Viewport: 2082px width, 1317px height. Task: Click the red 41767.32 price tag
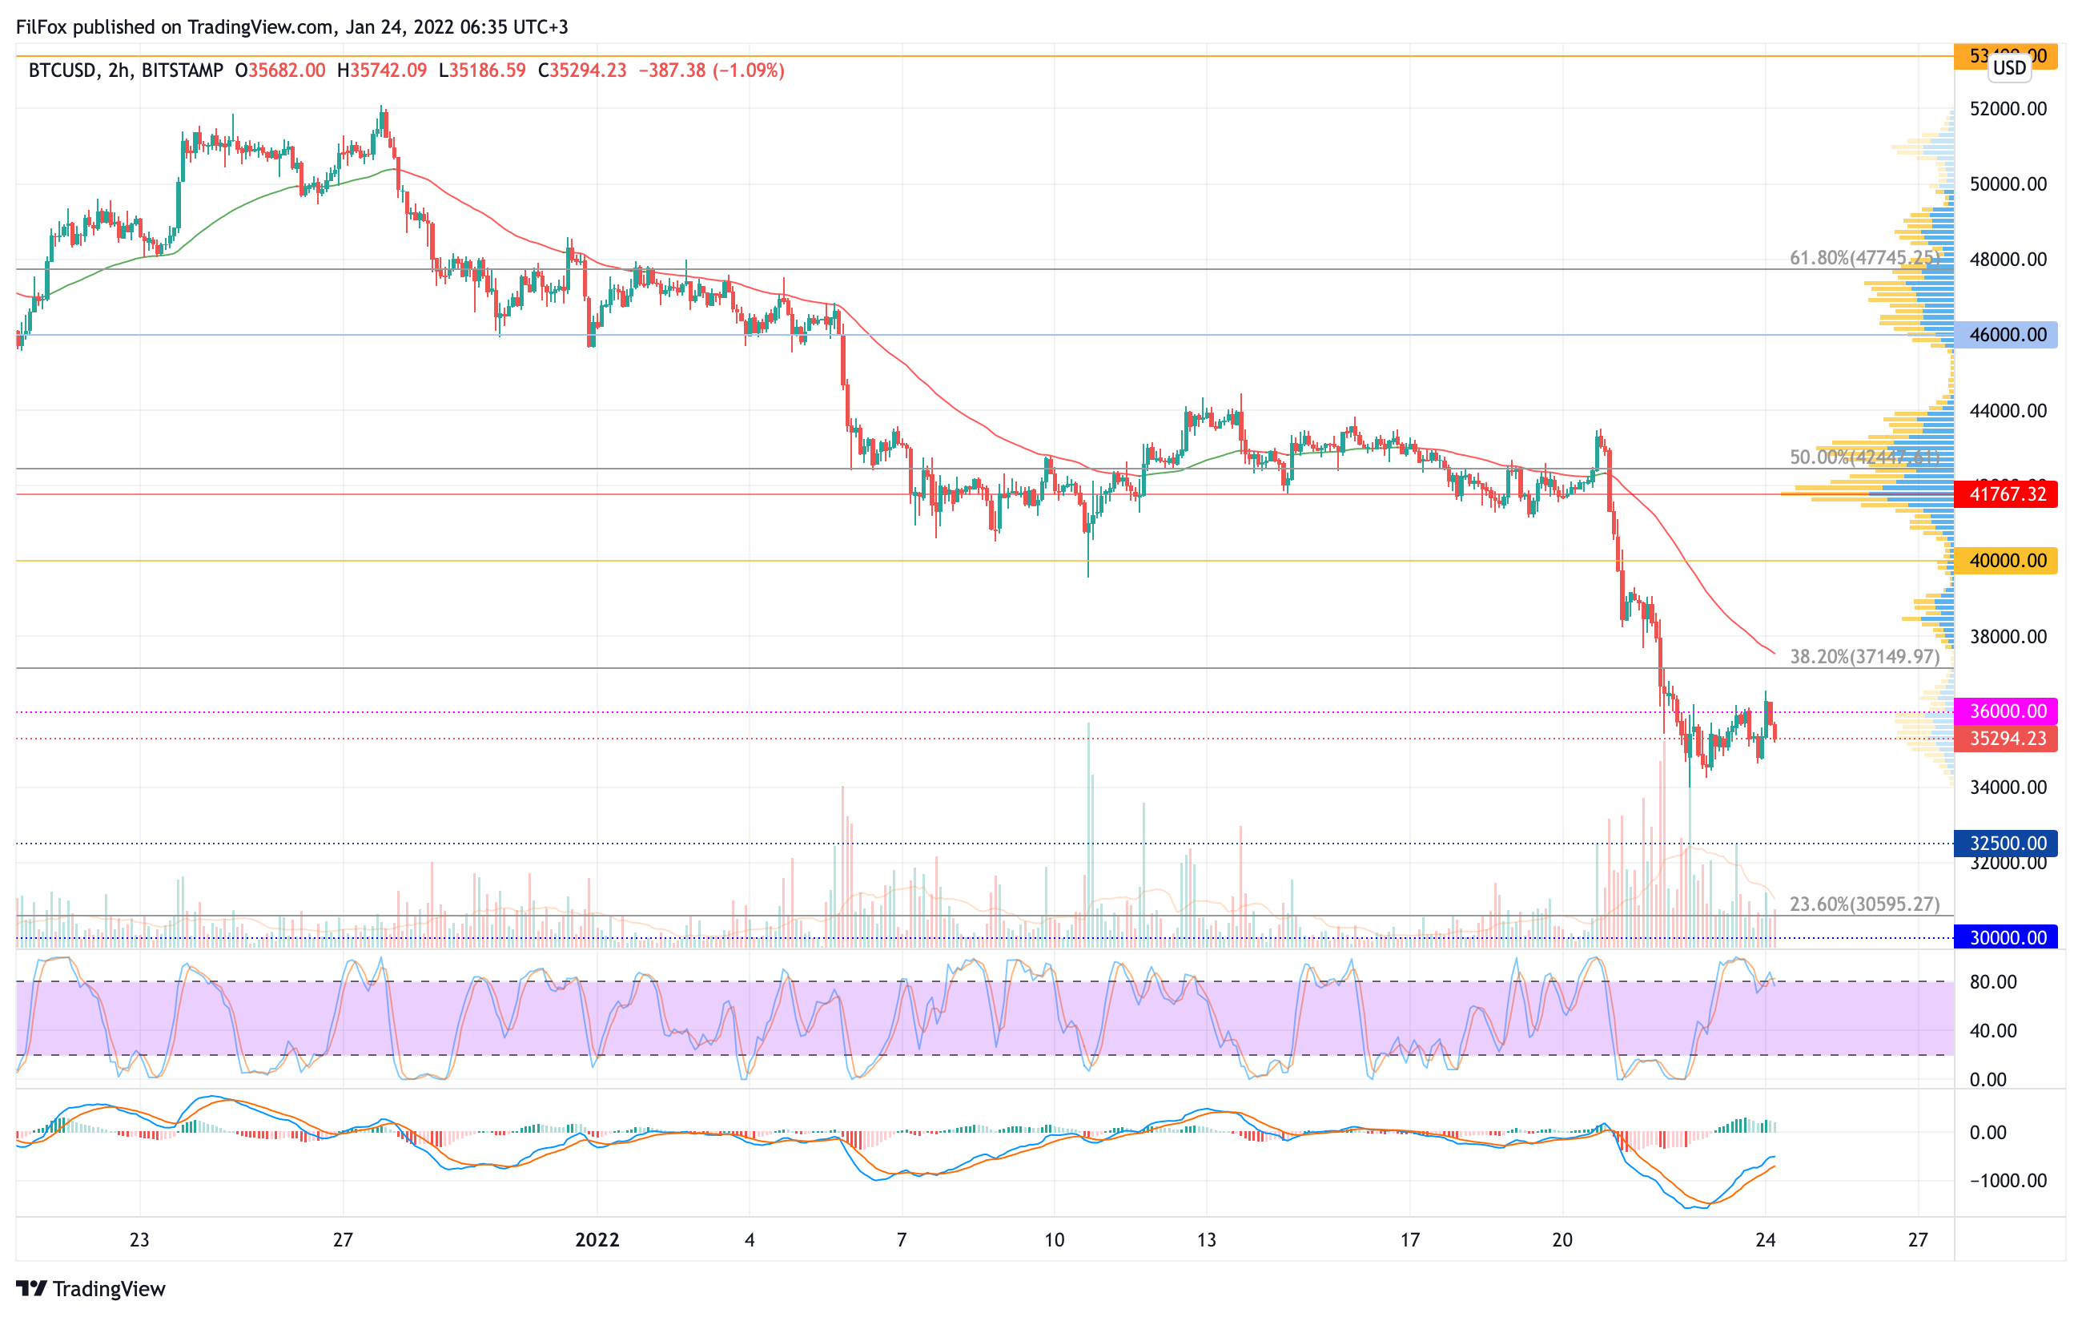2006,493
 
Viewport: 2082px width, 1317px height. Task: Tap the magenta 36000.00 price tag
2006,711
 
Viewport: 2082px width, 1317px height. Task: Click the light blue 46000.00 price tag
2006,335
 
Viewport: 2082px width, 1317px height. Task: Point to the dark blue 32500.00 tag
2006,842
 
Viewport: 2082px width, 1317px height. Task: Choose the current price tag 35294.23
2006,739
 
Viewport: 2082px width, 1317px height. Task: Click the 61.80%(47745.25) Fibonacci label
1863,258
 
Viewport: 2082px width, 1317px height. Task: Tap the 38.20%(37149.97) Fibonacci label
1864,656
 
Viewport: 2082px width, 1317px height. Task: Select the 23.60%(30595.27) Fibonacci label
1864,904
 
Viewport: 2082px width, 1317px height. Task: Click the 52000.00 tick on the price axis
2008,109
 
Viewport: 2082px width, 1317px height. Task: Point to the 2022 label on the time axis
597,1240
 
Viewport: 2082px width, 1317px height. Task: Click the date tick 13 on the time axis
1206,1240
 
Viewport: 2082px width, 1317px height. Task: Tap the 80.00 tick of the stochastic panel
1993,981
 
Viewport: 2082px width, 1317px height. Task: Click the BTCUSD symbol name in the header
62,70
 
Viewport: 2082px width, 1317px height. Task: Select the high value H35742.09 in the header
382,70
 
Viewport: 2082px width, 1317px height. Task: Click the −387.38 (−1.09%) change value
711,70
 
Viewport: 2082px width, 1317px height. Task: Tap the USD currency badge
2009,67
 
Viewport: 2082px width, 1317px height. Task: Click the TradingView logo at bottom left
90,1288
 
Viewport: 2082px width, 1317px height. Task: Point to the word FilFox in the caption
42,26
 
